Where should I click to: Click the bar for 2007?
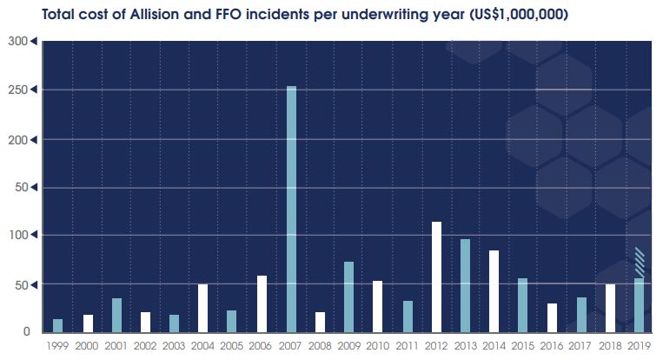coord(291,209)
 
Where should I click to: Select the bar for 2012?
coord(436,277)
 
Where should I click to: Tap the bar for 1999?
coord(58,325)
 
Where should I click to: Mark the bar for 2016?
coord(552,317)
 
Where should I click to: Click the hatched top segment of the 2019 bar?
coord(639,263)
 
